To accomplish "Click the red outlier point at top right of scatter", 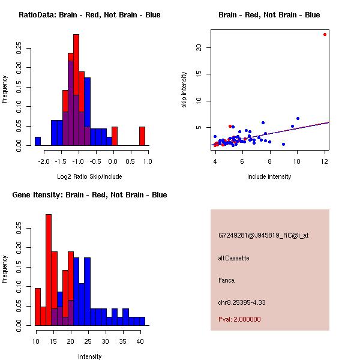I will point(325,34).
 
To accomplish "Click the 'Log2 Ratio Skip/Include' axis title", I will point(89,176).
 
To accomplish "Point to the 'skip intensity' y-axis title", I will point(185,90).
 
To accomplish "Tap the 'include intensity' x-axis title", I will point(269,176).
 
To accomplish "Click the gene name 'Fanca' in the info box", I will point(226,280).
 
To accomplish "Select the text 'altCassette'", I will point(233,258).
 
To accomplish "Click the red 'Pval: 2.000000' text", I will point(239,319).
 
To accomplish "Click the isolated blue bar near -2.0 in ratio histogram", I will point(38,141).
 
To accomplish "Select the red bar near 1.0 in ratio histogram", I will point(142,136).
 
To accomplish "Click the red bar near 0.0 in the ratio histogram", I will point(115,136).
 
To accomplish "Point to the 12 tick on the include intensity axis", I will point(325,161).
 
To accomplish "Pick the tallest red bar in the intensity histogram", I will point(49,270).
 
